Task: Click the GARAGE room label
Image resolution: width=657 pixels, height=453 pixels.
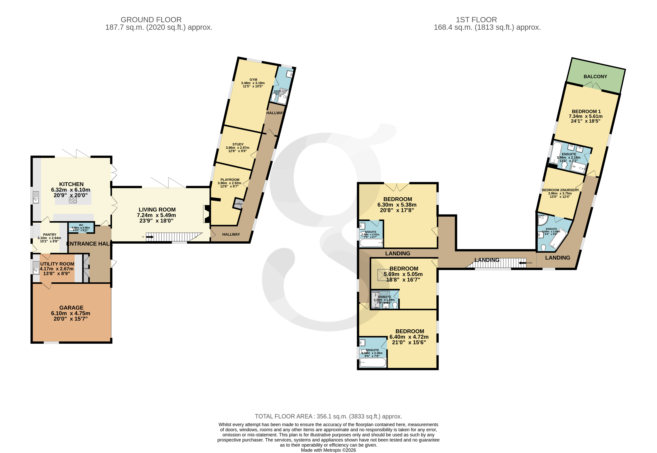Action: (71, 308)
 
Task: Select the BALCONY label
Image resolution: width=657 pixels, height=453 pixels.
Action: (595, 77)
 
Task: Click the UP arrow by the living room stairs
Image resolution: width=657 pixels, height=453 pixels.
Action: (150, 237)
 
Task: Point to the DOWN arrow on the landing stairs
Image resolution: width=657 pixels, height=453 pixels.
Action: (522, 263)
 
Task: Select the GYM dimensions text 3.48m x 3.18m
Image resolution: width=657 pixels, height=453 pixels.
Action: (253, 83)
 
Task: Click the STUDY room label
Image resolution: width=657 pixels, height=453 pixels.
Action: (238, 144)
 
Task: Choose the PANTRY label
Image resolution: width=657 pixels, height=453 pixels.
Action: (50, 235)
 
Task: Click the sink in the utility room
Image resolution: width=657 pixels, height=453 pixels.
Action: (36, 268)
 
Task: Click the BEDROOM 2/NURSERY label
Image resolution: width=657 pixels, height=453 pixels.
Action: (560, 190)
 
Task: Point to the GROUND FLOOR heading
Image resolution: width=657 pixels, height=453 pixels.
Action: (151, 20)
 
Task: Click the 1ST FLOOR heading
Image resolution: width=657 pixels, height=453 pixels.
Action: (476, 20)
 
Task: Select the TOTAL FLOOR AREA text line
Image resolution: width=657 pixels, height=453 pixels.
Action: (328, 416)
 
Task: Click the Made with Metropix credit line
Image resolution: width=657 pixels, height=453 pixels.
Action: (328, 450)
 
